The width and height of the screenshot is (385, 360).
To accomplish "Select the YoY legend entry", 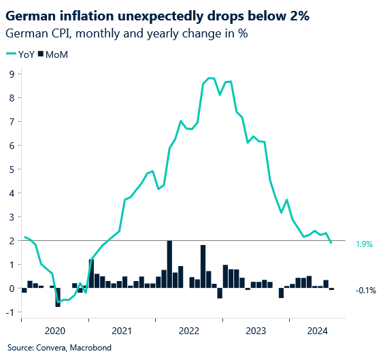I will point(20,54).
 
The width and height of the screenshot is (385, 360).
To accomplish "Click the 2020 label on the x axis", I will point(54,330).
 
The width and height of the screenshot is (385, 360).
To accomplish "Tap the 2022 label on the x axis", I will point(188,330).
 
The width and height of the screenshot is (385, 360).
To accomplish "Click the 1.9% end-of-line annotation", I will point(365,244).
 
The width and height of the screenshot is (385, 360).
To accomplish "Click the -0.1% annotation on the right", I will point(365,291).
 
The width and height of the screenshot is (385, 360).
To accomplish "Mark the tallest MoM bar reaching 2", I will point(169,264).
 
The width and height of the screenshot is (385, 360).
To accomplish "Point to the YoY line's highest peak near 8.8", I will point(209,78).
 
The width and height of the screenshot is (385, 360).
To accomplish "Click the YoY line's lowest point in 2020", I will point(58,301).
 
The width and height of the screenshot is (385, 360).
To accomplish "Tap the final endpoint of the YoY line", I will point(331,243).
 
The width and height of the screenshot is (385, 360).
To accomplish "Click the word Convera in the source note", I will point(49,347).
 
